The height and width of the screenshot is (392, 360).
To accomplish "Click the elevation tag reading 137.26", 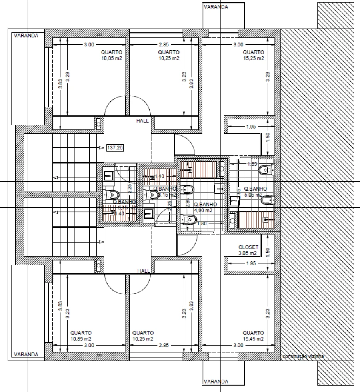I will (115, 148).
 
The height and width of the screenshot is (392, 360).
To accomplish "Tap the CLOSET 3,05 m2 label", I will (248, 250).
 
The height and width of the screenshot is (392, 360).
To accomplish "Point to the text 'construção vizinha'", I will (303, 356).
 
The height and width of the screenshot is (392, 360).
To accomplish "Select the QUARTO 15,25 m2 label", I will (254, 55).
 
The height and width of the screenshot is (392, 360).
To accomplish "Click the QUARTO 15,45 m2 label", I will (254, 336).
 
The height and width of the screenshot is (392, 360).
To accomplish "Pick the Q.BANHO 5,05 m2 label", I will (252, 192).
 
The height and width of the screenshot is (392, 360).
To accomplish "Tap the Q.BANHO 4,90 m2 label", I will (203, 207).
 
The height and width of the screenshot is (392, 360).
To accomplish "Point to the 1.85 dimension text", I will (252, 164).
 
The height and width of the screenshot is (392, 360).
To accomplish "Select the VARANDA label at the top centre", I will (216, 7).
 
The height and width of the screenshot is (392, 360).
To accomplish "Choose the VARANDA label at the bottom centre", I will (216, 382).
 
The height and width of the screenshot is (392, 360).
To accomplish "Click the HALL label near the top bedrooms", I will (143, 120).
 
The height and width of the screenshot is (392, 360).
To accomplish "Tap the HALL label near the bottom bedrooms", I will (144, 271).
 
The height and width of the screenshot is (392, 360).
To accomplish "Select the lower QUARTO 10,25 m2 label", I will (143, 336).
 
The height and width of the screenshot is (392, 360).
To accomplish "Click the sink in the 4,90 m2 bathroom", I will (219, 188).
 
